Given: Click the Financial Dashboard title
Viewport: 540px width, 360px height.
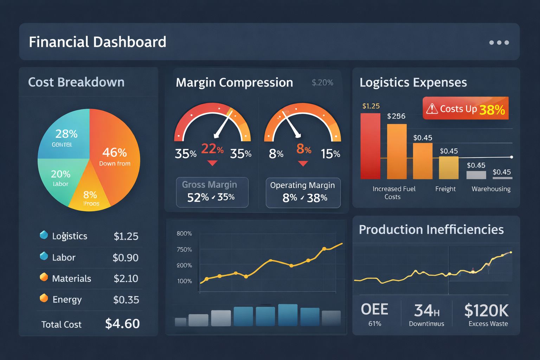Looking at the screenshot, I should [97, 42].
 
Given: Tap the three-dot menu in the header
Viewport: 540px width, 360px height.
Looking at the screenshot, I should [499, 43].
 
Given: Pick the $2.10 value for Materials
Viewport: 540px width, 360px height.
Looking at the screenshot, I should [126, 278].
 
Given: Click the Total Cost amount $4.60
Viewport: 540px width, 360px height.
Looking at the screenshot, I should [122, 323].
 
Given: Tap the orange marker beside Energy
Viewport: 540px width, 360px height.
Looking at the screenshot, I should [44, 298].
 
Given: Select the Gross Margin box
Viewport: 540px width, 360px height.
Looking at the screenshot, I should [212, 192].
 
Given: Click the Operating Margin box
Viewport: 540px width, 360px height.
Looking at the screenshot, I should [303, 192].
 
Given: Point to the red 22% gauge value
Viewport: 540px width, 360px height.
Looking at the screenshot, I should [212, 149].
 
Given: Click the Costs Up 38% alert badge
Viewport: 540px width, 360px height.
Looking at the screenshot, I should [465, 109].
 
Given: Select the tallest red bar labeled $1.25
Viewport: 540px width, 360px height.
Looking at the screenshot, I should [370, 146].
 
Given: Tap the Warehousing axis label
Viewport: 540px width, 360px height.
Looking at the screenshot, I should [491, 189].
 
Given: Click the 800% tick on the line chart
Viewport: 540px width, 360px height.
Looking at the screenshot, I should [184, 233].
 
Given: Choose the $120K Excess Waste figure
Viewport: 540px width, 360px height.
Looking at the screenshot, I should [487, 314].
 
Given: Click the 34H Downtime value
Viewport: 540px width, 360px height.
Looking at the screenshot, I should [426, 314].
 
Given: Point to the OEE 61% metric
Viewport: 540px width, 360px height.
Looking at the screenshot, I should [375, 314].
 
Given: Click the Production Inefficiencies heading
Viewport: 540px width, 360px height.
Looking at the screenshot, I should [431, 230].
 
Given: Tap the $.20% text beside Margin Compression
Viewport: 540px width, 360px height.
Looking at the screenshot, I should [322, 83].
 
